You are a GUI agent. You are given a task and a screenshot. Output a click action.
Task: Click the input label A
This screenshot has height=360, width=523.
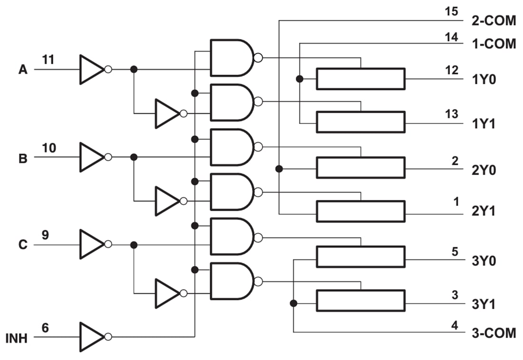pos(23,70)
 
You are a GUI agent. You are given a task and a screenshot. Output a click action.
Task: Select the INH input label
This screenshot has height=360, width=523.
pos(17,339)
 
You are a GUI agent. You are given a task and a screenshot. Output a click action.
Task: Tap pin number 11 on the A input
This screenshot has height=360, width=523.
pos(48,60)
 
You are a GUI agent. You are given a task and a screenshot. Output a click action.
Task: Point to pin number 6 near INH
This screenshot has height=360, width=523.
pos(45,328)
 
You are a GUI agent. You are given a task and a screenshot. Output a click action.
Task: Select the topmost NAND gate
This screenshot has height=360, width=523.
pos(232,58)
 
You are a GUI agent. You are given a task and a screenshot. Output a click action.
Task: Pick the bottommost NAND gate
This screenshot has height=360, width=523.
pos(232,281)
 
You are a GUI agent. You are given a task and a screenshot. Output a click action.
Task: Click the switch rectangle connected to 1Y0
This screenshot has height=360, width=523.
pos(360,79)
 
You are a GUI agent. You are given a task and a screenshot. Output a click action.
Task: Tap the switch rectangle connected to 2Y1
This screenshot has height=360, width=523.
pos(360,211)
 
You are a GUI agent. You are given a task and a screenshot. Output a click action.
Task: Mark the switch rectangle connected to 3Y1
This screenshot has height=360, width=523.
pos(360,301)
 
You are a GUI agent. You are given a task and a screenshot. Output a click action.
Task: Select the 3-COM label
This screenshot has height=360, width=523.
pos(494,333)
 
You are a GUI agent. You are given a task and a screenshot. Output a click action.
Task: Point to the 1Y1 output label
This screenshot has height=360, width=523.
pos(484,123)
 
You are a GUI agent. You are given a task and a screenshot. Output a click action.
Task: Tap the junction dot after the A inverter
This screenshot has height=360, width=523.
pos(134,69)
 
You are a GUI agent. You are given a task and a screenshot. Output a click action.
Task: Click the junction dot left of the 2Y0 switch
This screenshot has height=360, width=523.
pos(279,168)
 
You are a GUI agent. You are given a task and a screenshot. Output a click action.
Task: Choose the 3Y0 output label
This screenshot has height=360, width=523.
pos(484,261)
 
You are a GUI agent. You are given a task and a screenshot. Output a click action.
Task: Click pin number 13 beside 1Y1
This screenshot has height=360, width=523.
pos(452,114)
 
